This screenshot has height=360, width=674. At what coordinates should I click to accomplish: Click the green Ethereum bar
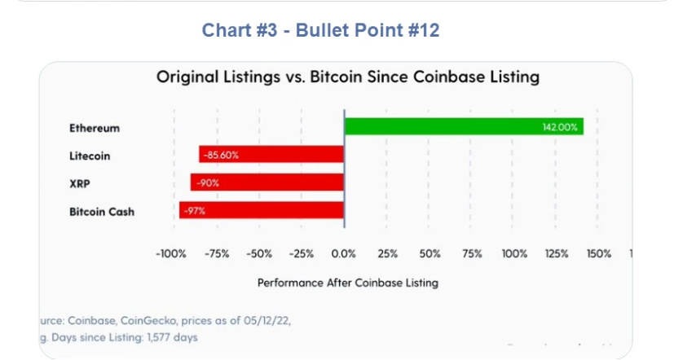[463, 127]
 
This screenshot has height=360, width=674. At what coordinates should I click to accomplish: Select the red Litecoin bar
[271, 155]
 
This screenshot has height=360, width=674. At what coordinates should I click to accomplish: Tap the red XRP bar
[267, 182]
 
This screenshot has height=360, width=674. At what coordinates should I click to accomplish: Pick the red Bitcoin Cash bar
[262, 210]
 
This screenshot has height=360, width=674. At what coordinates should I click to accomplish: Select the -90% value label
[208, 182]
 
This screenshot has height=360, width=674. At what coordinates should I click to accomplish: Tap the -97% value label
[194, 210]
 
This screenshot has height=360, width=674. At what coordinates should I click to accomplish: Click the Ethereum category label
[95, 128]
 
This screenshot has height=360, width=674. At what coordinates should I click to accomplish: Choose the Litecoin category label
[90, 156]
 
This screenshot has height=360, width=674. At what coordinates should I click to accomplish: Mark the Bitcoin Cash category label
[102, 212]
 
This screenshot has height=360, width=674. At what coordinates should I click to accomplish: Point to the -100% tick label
[172, 254]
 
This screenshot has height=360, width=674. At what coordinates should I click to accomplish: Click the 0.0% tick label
[344, 254]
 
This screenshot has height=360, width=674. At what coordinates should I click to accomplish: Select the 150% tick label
[598, 254]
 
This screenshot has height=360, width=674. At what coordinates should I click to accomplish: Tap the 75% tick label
[472, 254]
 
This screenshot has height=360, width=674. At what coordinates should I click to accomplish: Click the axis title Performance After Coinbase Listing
[348, 283]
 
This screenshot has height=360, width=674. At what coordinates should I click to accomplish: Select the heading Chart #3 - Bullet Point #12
[321, 30]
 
